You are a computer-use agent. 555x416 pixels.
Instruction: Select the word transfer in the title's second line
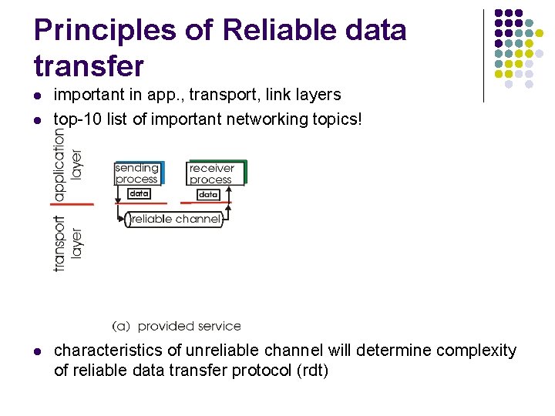coord(89,66)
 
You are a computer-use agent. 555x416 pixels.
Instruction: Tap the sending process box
coord(136,173)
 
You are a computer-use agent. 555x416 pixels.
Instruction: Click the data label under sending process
coord(138,194)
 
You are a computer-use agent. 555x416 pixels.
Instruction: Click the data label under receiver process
coord(208,195)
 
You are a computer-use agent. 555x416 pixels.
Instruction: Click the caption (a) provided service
coord(177,326)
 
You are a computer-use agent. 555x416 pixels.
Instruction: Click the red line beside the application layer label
coord(74,203)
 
